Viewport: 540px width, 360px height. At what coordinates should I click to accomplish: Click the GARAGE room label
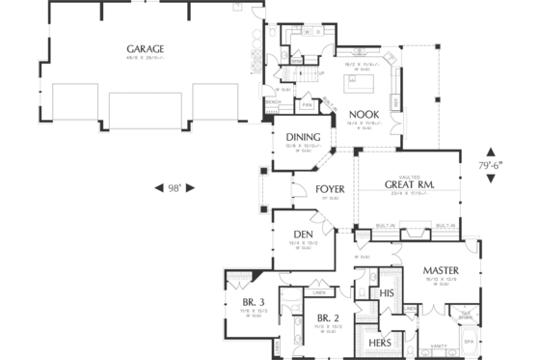[145, 48]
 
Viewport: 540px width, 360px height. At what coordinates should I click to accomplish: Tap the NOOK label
[363, 114]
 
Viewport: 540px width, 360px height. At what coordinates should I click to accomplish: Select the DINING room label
[303, 137]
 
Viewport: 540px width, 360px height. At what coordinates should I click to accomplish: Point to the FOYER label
[331, 189]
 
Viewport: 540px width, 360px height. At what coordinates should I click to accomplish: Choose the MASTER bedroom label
[440, 269]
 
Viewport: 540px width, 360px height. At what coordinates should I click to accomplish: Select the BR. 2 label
[328, 318]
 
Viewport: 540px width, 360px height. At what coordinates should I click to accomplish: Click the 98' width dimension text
[175, 186]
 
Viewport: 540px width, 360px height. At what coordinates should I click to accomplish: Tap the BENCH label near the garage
[273, 101]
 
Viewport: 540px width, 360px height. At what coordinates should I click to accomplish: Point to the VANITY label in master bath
[439, 345]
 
